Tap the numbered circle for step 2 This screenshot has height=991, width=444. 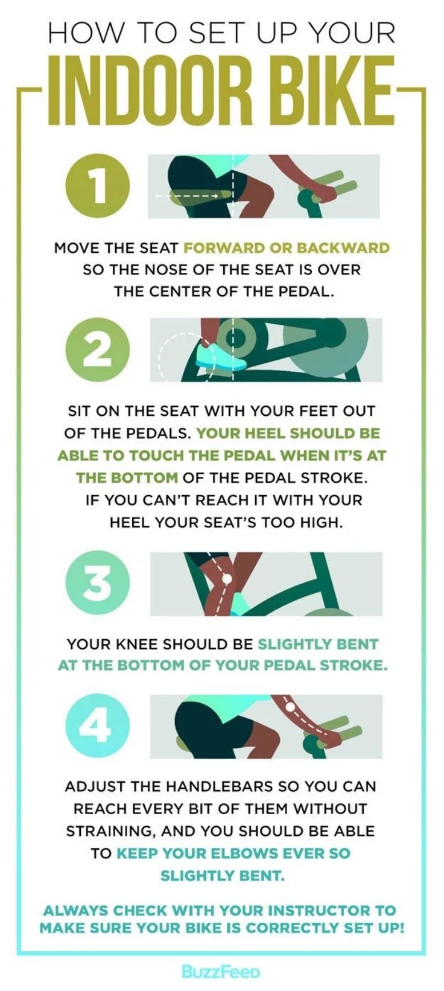(98, 349)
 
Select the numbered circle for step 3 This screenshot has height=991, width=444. (98, 584)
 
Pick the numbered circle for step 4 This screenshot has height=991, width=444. (98, 726)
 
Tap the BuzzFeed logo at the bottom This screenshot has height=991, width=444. (221, 972)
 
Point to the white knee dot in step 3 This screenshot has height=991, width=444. (227, 578)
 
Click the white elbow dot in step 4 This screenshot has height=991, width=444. (290, 707)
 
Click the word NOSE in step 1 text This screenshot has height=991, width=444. (170, 270)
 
